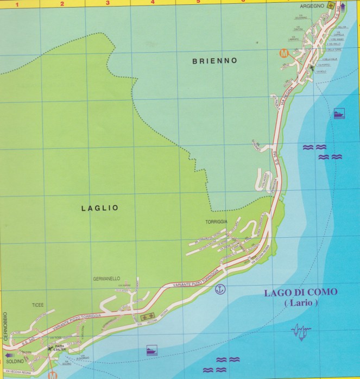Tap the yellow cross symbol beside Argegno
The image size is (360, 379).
point(329,5)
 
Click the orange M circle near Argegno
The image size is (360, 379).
point(283,53)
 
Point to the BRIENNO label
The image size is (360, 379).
point(215,61)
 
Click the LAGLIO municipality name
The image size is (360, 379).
point(99,207)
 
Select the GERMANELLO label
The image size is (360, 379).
point(105,279)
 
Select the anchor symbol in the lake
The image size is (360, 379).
point(220,288)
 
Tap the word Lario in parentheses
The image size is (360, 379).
point(301,304)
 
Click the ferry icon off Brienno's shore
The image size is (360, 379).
point(339,115)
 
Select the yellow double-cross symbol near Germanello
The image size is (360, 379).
point(146,315)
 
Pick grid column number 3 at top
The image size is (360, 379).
point(107,3)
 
